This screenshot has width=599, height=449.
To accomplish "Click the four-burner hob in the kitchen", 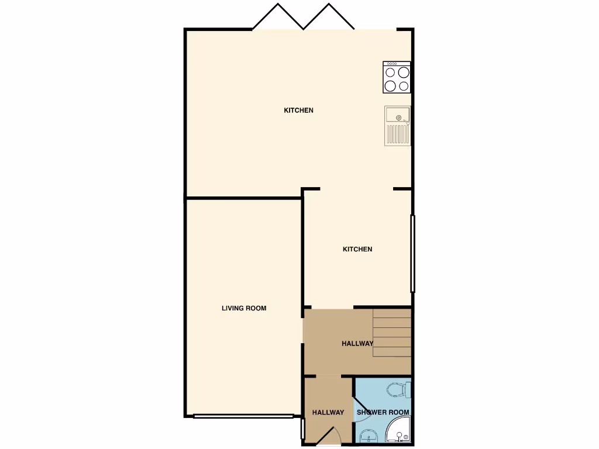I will [x=397, y=77].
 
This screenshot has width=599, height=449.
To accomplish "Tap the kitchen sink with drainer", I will [x=397, y=126].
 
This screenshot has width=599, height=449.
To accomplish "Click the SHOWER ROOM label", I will [x=383, y=412].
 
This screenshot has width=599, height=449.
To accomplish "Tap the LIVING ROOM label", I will [x=244, y=308].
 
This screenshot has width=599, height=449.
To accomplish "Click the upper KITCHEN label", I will [x=298, y=110].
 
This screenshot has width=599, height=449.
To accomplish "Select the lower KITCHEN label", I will [x=357, y=250].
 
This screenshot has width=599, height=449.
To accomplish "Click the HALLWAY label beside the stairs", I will [x=357, y=344].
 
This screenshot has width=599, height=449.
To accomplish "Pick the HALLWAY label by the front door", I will [x=328, y=413].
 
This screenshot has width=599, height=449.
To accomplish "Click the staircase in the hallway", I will [x=392, y=333].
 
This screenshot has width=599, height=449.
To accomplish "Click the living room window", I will [x=243, y=416].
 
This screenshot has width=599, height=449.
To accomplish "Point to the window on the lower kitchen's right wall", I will [x=412, y=253].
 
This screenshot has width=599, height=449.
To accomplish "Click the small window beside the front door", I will [x=302, y=429].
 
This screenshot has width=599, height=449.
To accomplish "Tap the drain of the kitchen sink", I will [x=399, y=118].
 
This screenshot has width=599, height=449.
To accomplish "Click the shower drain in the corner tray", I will [x=399, y=435].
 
